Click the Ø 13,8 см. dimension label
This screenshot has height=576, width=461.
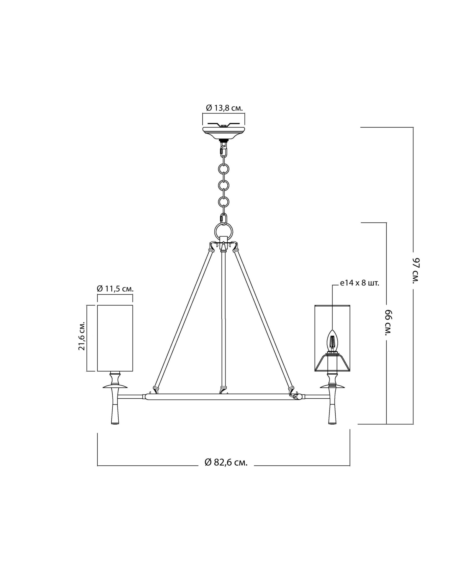pos(224,108)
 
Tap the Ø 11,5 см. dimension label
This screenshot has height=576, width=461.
pos(115,289)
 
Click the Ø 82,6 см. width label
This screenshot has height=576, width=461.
pos(226,462)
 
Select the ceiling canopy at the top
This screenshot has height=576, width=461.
pos(224,132)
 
